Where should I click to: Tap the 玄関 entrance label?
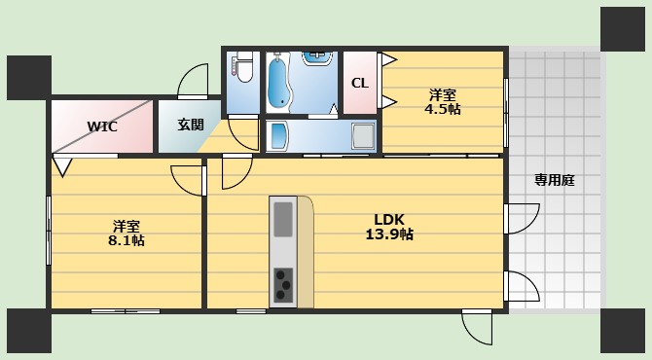pyautogui.click(x=191, y=125)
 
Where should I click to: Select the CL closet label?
pyautogui.click(x=359, y=83)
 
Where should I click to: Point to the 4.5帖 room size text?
pyautogui.click(x=442, y=109)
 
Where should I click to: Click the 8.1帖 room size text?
pyautogui.click(x=127, y=239)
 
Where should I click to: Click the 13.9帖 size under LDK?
pyautogui.click(x=389, y=234)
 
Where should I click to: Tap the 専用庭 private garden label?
pyautogui.click(x=553, y=179)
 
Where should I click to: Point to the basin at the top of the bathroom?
pyautogui.click(x=316, y=56)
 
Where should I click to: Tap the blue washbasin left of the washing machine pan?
pyautogui.click(x=278, y=135)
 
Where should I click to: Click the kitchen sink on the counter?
pyautogui.click(x=282, y=219)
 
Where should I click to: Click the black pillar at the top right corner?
pyautogui.click(x=623, y=28)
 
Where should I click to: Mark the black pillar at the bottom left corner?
pyautogui.click(x=28, y=330)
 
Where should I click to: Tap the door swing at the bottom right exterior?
pyautogui.click(x=478, y=327)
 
